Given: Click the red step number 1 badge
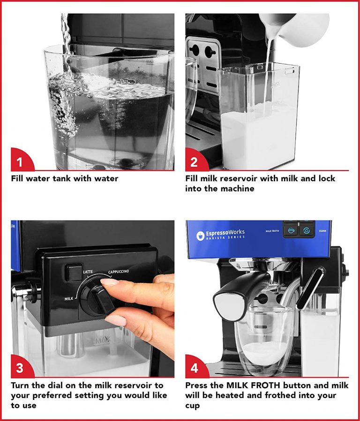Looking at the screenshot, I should [x=20, y=162].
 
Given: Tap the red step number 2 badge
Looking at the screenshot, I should [x=194, y=162].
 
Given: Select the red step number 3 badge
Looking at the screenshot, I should [x=20, y=368].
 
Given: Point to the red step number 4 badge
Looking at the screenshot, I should [x=194, y=368].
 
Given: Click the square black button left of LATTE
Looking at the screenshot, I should [x=74, y=272].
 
